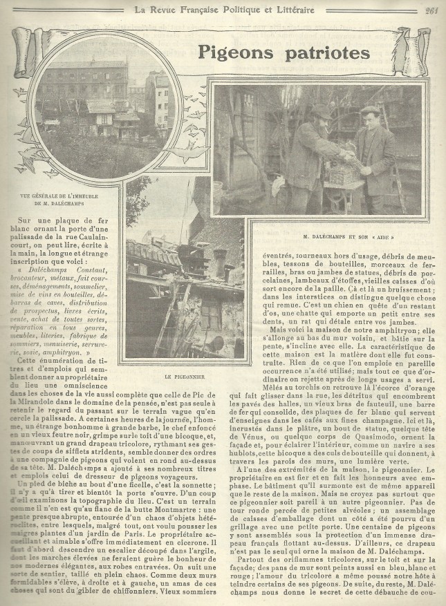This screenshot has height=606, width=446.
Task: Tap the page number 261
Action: click(431, 9)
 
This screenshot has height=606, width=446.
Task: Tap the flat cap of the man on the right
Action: click(371, 109)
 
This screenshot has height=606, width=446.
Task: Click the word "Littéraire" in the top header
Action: click(290, 9)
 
